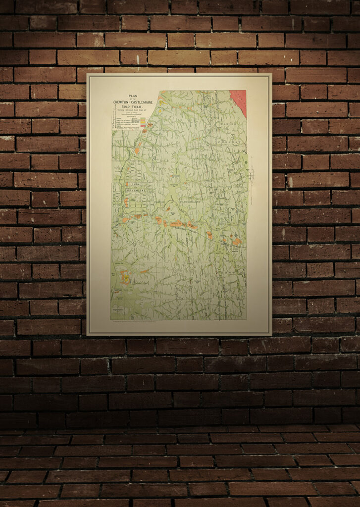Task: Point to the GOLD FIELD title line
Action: (132, 106)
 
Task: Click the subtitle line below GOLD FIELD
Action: (132, 110)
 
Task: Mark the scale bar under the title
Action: (132, 115)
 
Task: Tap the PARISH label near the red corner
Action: (228, 123)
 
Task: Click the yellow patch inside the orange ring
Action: (126, 279)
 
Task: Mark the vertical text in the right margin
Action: (252, 171)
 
